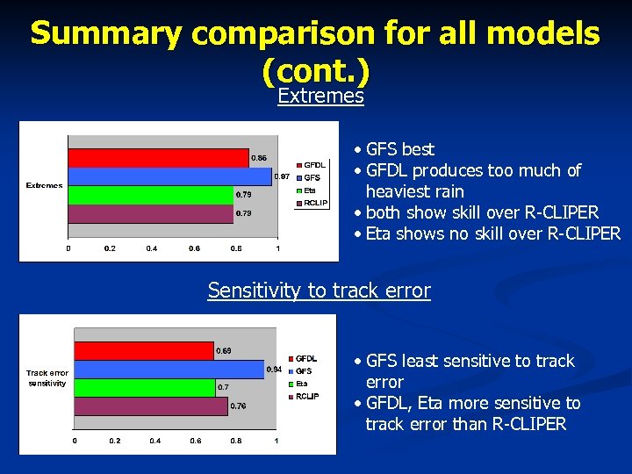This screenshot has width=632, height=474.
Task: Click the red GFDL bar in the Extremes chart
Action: tap(158, 158)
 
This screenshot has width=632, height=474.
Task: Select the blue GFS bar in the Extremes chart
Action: tap(170, 176)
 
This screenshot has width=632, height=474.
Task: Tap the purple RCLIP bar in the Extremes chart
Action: tap(150, 213)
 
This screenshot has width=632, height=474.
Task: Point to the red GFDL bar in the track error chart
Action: tap(144, 351)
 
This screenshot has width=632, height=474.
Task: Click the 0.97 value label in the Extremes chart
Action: tap(283, 177)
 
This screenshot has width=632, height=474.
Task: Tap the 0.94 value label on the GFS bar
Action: tap(274, 370)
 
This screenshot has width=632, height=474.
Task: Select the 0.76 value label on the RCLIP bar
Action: tap(238, 406)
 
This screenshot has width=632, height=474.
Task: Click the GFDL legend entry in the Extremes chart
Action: tap(313, 165)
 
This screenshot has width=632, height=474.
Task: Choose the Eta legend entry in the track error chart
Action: tap(301, 384)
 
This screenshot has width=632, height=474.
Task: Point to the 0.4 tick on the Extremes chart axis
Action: tap(152, 248)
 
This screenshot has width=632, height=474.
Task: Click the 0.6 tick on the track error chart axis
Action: tap(195, 441)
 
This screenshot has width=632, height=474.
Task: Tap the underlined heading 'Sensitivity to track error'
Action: tap(319, 291)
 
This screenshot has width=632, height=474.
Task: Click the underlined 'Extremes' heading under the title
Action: tap(320, 97)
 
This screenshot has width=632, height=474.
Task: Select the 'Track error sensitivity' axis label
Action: tap(47, 377)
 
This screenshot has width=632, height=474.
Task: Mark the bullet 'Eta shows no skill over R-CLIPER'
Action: tap(492, 233)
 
